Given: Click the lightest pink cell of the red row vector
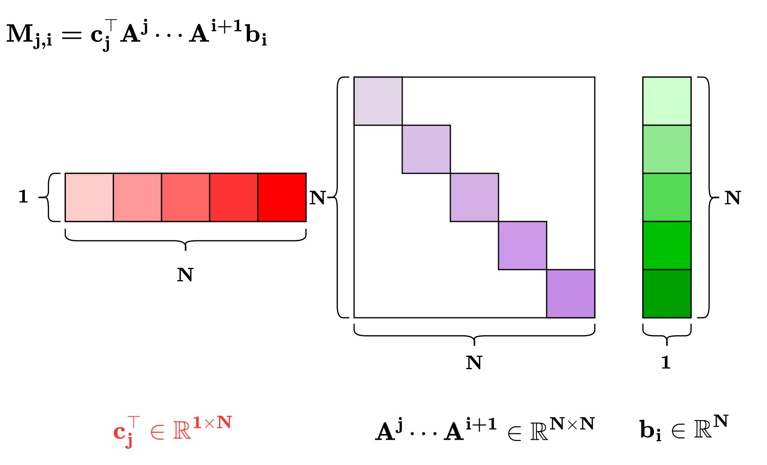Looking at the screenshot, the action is tap(89, 197).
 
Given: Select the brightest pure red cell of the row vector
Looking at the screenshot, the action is tap(282, 197).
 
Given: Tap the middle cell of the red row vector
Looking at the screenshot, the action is tap(186, 197).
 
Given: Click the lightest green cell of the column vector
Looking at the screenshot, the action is tap(667, 101).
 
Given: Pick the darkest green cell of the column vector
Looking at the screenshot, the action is tap(667, 294).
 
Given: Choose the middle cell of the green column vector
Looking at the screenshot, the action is tap(667, 197).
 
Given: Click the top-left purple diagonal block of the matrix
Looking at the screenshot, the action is tap(378, 101).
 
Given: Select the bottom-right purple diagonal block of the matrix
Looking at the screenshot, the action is tap(571, 294).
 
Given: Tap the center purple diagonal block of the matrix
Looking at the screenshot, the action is tap(474, 197).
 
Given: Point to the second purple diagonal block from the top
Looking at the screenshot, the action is tap(426, 149).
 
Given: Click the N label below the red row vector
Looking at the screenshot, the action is tap(185, 275).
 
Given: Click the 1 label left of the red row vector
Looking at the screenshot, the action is tap(23, 197).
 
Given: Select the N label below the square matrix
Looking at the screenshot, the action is tap(474, 363).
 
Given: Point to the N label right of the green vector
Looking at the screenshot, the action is tap(733, 198).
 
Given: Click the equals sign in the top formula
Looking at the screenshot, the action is tap(72, 35).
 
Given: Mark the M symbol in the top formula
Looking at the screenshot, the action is tap(20, 33).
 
